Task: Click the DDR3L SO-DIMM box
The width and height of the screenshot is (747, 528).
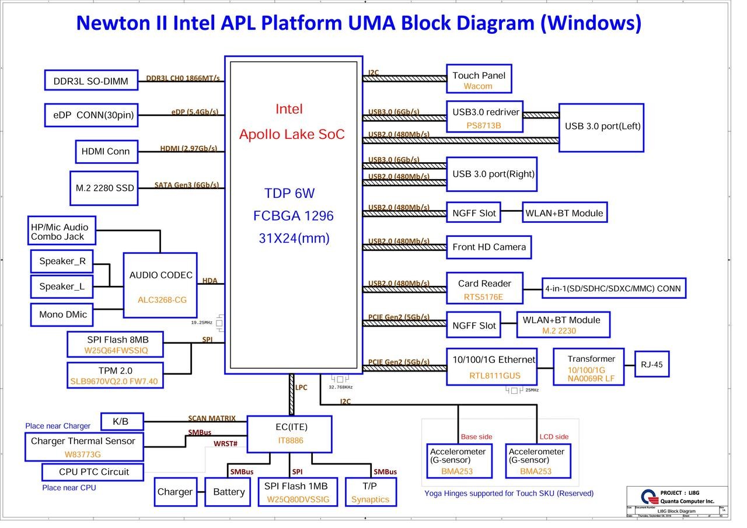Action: point(91,81)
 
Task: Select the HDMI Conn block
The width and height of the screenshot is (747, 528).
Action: point(106,152)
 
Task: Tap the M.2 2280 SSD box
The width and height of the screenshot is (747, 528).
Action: point(104,188)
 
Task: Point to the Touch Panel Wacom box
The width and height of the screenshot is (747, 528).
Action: point(479,79)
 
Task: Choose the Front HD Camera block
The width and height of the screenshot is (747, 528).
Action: point(488,247)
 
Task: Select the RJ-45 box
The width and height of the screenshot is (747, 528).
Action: point(651,365)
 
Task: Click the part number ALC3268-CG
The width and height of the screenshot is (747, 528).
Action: point(162,300)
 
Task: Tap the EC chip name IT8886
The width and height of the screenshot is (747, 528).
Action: point(291,440)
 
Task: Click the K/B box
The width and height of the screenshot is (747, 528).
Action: point(121,421)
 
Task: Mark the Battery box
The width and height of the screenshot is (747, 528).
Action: point(229,492)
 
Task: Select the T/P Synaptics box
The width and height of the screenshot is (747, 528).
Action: point(370,492)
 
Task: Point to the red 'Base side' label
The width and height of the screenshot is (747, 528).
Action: point(476,437)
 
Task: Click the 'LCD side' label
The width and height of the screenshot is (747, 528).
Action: point(554,437)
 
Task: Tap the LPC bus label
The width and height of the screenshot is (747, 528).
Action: point(301,387)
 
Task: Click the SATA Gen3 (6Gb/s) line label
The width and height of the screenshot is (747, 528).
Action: point(186,186)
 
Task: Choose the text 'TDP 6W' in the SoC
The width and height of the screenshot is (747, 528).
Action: point(289,194)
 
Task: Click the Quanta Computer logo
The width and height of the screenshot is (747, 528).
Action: point(649,496)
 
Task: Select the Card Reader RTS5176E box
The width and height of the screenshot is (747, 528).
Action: point(484,289)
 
